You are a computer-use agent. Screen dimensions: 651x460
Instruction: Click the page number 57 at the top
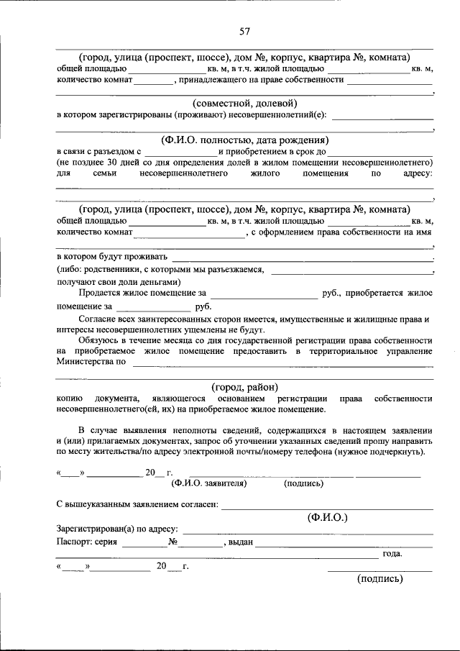pyautogui.click(x=244, y=31)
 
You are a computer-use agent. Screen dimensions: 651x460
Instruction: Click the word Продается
pyautogui.click(x=100, y=293)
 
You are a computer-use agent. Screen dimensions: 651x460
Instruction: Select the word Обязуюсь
pyautogui.click(x=101, y=340)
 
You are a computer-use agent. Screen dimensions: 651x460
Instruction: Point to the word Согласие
pyautogui.click(x=100, y=318)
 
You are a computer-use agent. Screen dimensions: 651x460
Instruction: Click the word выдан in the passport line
pyautogui.click(x=239, y=542)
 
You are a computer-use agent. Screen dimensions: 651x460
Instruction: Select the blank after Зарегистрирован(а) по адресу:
pyautogui.click(x=309, y=530)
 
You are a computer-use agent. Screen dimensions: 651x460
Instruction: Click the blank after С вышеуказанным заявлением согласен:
pyautogui.click(x=327, y=506)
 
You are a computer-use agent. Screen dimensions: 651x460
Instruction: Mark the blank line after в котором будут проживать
pyautogui.click(x=302, y=258)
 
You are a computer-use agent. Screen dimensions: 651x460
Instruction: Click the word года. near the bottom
pyautogui.click(x=392, y=554)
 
